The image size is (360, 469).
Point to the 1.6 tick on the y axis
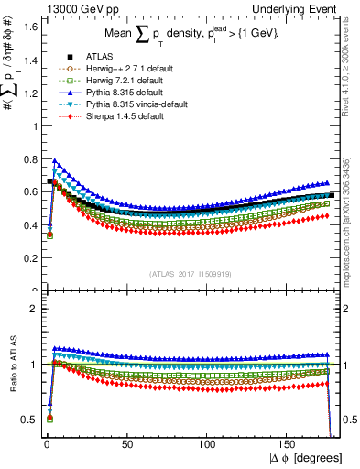(x=30, y=27)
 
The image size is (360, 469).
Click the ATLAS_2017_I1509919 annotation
(x=190, y=273)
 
